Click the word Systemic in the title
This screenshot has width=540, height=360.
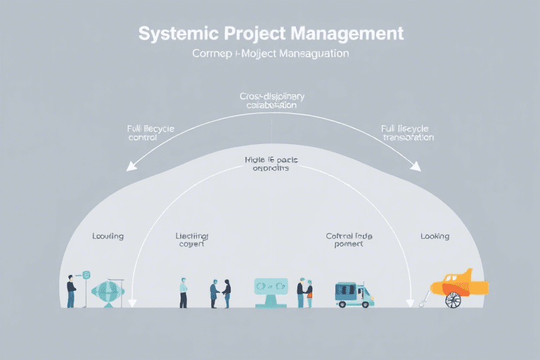[x=176, y=34]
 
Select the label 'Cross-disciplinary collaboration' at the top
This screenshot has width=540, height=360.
[x=271, y=100]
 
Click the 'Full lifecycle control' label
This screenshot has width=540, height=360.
[x=150, y=134]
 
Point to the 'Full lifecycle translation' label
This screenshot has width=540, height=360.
[x=407, y=134]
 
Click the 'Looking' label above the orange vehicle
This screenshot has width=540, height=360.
[x=435, y=236]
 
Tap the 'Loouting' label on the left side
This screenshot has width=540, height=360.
[x=108, y=236]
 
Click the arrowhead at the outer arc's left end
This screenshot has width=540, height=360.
[x=129, y=167]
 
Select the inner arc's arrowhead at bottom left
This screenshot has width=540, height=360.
[x=132, y=303]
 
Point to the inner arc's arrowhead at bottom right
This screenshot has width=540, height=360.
[x=408, y=303]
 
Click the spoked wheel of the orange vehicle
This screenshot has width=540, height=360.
[x=454, y=299]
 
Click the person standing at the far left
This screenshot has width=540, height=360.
[x=71, y=291]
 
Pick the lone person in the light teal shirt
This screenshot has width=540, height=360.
[x=184, y=292]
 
